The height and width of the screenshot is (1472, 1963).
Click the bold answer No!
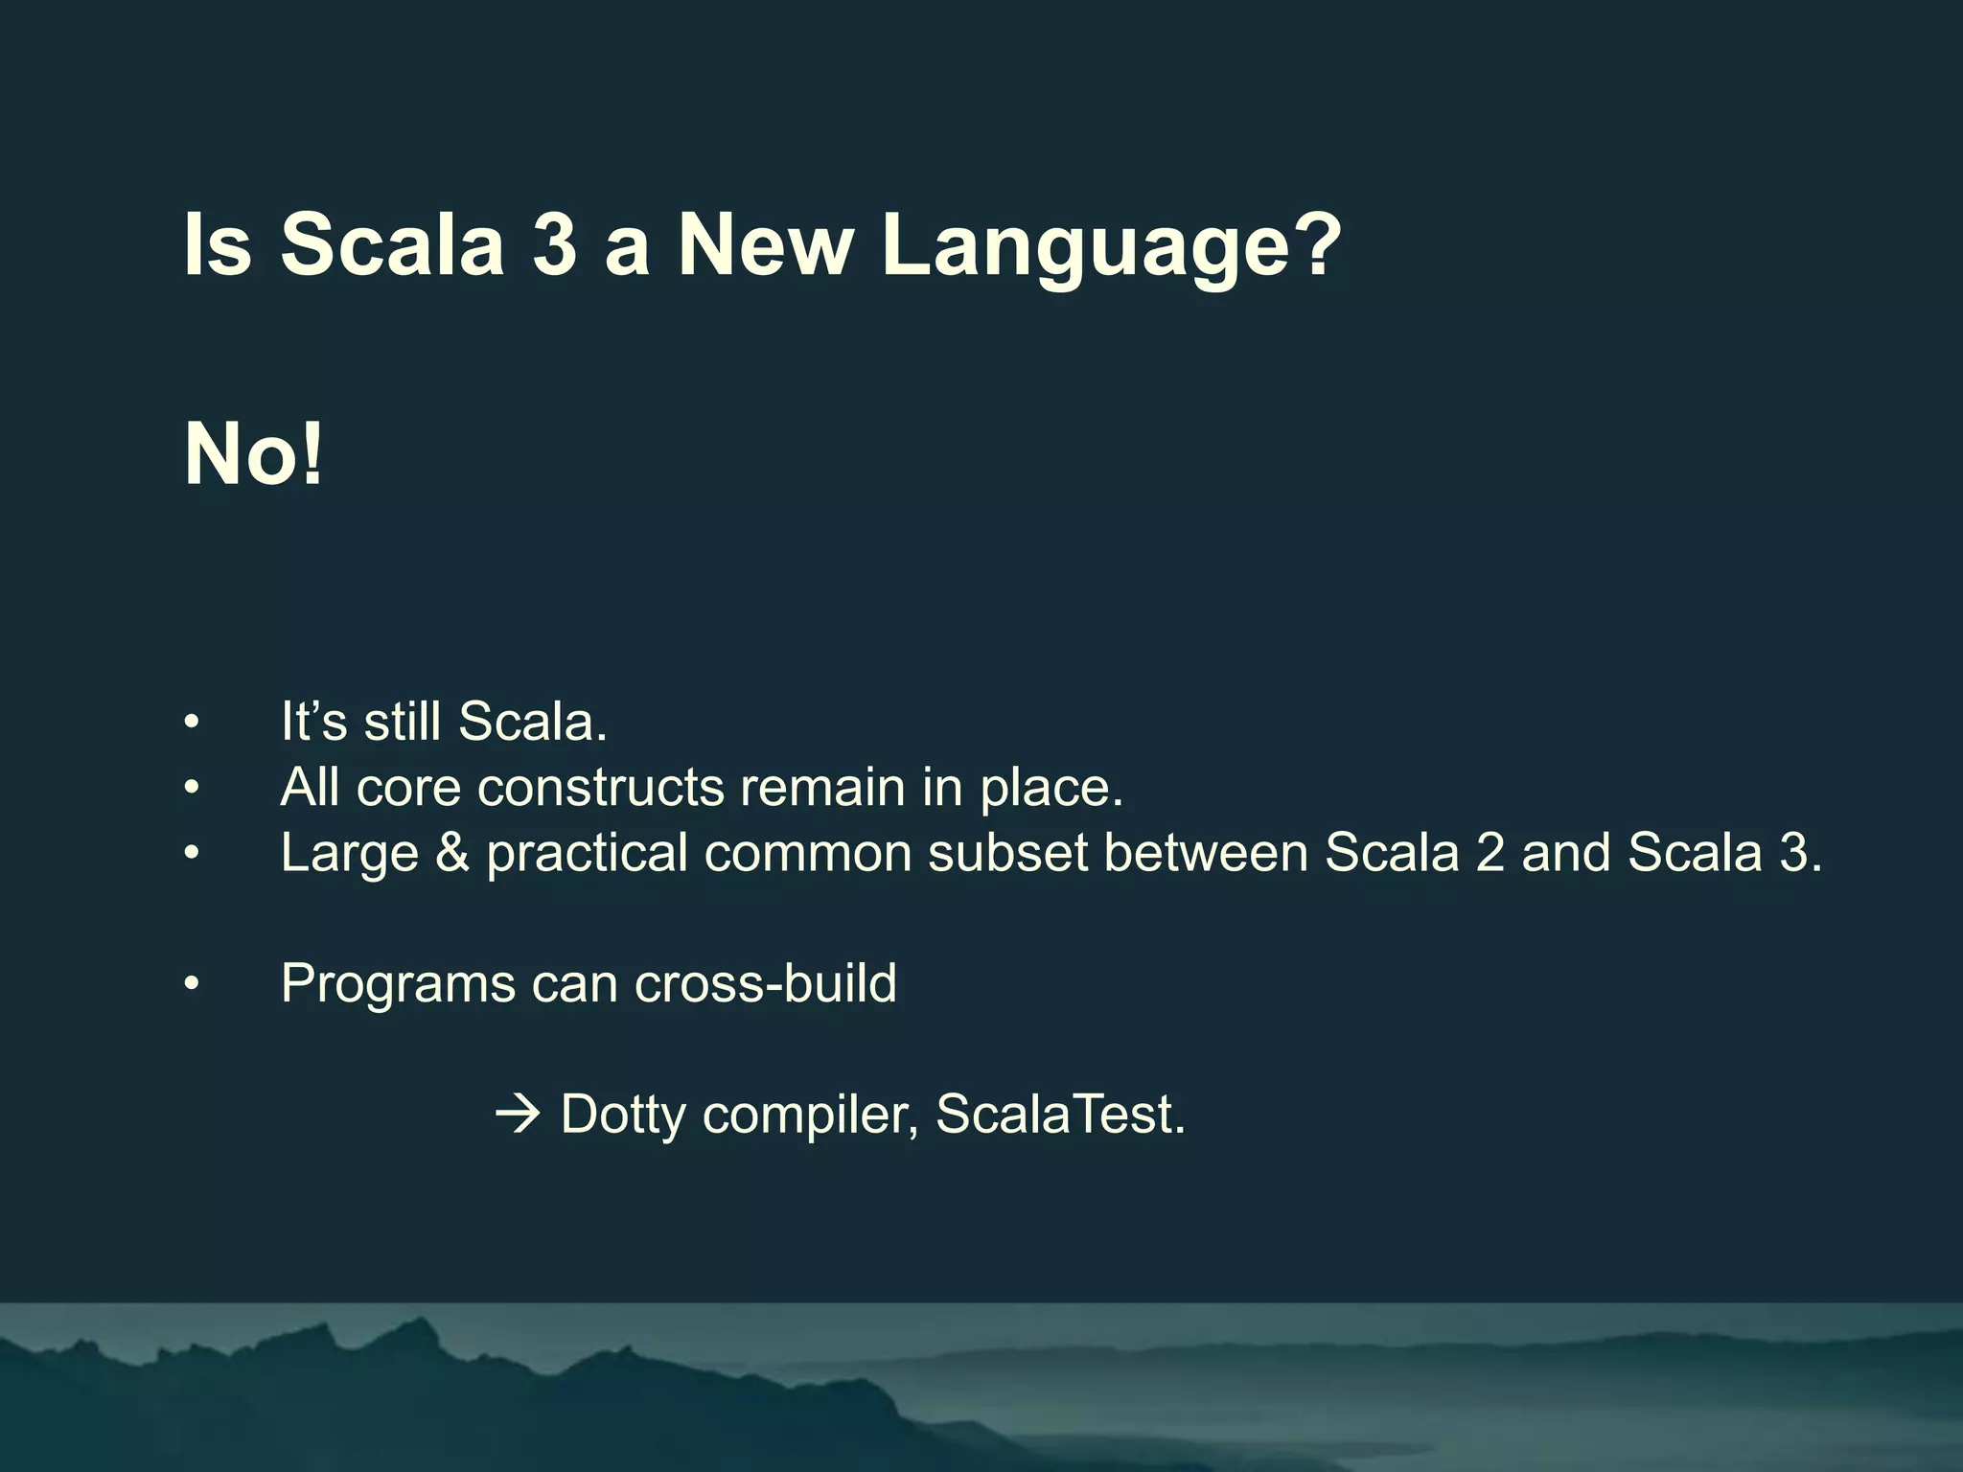(x=254, y=455)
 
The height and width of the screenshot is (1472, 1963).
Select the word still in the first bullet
(x=402, y=722)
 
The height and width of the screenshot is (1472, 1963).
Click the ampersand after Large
(x=452, y=853)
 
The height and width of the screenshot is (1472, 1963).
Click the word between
(x=1206, y=853)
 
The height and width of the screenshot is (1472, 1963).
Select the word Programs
(x=398, y=985)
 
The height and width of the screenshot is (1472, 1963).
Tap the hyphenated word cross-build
(x=765, y=983)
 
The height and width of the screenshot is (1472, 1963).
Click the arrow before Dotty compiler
(x=519, y=1115)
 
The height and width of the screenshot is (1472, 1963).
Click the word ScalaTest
(x=1059, y=1115)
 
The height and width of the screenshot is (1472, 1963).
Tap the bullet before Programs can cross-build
(x=192, y=984)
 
